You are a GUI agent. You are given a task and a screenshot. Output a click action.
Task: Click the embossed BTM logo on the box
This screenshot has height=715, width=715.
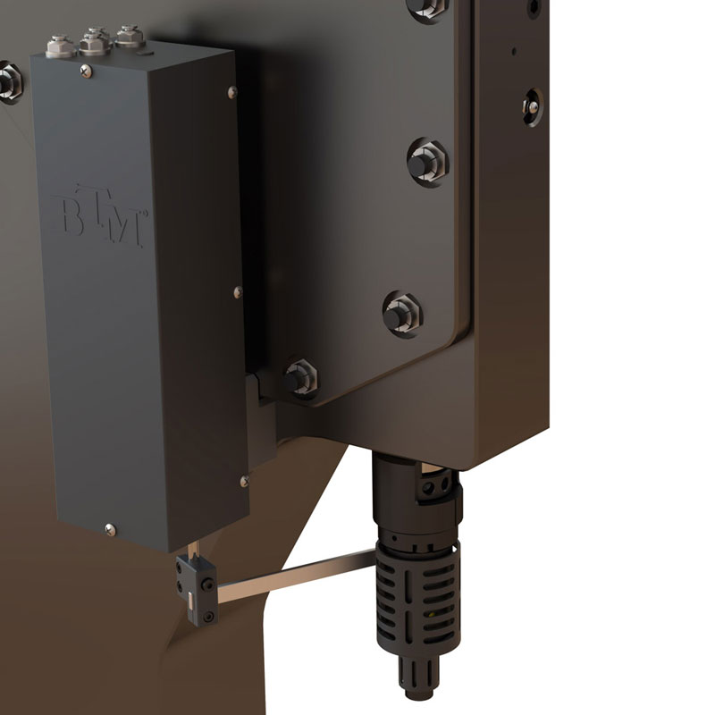100,215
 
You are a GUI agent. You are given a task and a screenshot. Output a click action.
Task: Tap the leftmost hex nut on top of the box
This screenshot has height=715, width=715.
60,46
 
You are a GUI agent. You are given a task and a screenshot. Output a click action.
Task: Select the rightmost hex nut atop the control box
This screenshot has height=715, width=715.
130,37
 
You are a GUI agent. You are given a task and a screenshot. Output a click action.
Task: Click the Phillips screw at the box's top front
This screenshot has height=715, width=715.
86,71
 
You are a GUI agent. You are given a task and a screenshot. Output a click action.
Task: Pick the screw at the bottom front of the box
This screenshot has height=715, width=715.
110,529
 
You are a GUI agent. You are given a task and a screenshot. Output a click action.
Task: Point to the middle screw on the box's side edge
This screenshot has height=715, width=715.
238,292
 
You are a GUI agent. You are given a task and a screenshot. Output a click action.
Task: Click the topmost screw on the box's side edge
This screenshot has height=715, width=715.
232,92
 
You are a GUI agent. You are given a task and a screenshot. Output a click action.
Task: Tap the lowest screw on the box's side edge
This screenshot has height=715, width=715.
244,481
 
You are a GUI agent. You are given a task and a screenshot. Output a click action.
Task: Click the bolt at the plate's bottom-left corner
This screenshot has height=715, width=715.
300,378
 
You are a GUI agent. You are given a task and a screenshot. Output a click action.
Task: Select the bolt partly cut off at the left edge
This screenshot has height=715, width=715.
9,83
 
